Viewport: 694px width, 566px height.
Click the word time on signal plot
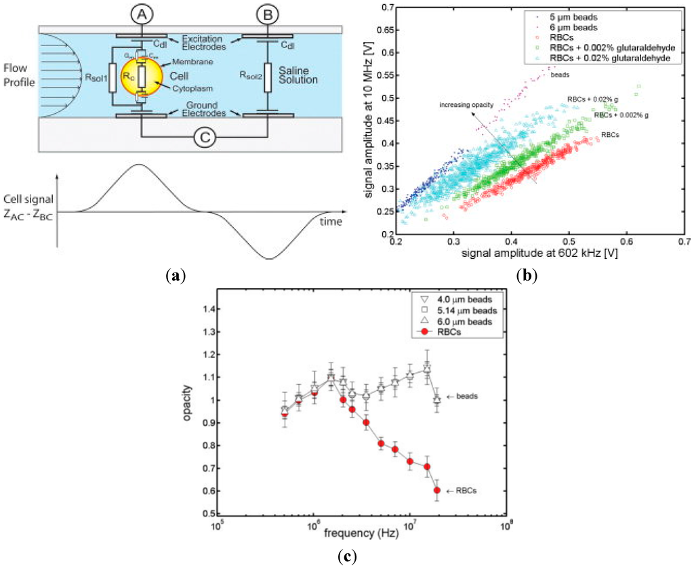[x=331, y=222]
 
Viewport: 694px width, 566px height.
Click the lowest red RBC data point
[x=437, y=490]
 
